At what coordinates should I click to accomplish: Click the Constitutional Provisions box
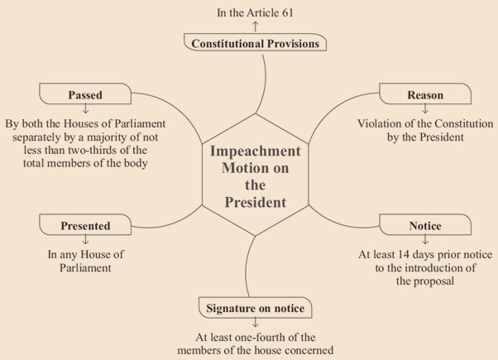click(x=255, y=42)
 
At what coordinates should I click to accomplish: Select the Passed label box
click(x=85, y=94)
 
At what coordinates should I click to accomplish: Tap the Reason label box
click(x=425, y=94)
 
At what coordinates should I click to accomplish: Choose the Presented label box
click(x=85, y=224)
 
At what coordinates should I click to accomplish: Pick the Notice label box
click(x=425, y=224)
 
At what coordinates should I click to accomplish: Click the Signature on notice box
click(x=255, y=308)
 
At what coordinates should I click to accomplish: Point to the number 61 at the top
click(x=287, y=12)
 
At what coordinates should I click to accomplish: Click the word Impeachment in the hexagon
click(x=256, y=151)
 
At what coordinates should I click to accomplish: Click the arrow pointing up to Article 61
click(x=256, y=26)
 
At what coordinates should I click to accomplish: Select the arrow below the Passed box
click(x=85, y=109)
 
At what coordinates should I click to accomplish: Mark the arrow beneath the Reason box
click(x=425, y=109)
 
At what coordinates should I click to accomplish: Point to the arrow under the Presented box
click(x=85, y=239)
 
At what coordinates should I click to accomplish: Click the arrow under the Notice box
click(x=425, y=239)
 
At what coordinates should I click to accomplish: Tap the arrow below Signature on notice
click(x=256, y=323)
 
